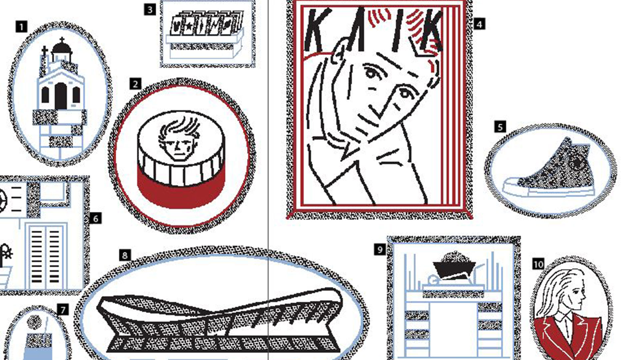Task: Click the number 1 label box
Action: click(x=21, y=27)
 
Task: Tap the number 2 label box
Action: click(x=135, y=84)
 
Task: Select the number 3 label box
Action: click(x=150, y=9)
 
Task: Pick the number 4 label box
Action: click(x=479, y=24)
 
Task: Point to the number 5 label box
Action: click(x=500, y=127)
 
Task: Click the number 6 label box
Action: click(x=96, y=218)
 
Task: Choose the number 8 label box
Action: click(x=125, y=255)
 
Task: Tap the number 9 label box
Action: click(x=380, y=250)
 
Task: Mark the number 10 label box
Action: click(x=538, y=264)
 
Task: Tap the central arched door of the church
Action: click(x=61, y=96)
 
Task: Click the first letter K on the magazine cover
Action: click(x=319, y=31)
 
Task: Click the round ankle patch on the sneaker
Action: click(x=577, y=162)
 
